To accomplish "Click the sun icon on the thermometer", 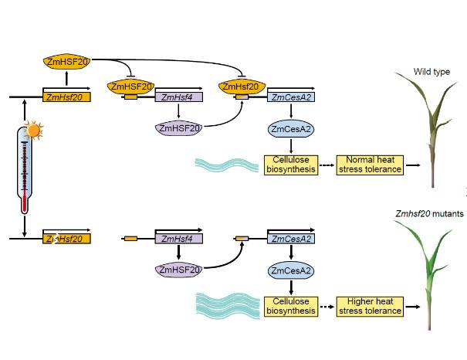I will click(x=32, y=131).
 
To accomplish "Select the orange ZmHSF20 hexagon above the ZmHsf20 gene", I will click(x=66, y=59).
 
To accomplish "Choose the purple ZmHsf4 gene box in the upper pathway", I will click(x=178, y=97).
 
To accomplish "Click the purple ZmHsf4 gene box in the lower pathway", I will click(x=178, y=239).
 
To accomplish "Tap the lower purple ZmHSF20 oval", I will click(x=178, y=270).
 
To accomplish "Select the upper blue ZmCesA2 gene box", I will click(x=290, y=97).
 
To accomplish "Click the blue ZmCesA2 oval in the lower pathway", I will click(x=290, y=270).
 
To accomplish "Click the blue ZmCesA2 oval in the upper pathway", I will click(x=290, y=128).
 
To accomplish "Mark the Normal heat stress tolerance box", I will click(x=370, y=165).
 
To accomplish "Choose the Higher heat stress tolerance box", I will click(x=370, y=306).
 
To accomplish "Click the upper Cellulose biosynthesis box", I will click(x=290, y=165).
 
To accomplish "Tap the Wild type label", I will click(x=431, y=72).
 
